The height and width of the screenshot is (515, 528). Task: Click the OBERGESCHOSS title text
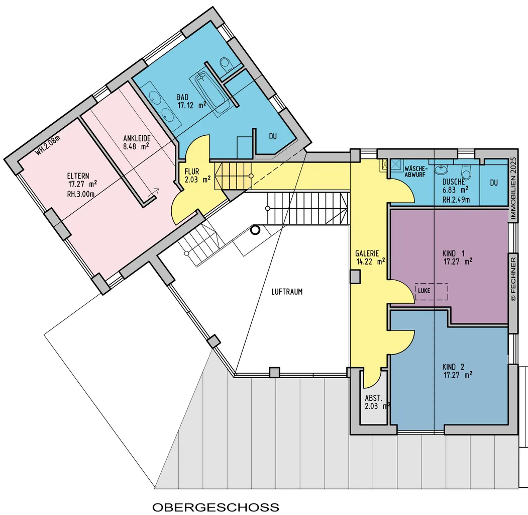pos(216,507)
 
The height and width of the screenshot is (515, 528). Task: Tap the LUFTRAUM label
pos(287,292)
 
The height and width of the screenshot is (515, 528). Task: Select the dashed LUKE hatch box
pos(432,291)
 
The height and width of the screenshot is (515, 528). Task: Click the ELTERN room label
pos(78,176)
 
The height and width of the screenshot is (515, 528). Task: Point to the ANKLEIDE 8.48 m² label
pos(136,142)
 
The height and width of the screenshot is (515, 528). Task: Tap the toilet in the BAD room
pos(225,64)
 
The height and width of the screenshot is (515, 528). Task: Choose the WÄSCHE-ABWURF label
pos(416,171)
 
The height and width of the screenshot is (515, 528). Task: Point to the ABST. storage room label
pos(373,398)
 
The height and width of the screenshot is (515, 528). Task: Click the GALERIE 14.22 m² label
pos(370,257)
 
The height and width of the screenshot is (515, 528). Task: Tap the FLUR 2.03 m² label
pos(197,176)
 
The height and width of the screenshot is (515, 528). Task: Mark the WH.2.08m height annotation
pos(48,145)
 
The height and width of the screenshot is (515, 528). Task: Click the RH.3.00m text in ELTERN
pos(80,194)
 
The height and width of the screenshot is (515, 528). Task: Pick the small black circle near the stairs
pos(256,230)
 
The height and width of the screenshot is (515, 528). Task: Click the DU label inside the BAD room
pos(273,136)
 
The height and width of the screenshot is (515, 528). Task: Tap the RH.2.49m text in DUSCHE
pos(456,200)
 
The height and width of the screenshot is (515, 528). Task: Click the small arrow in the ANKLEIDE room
pos(154,192)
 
